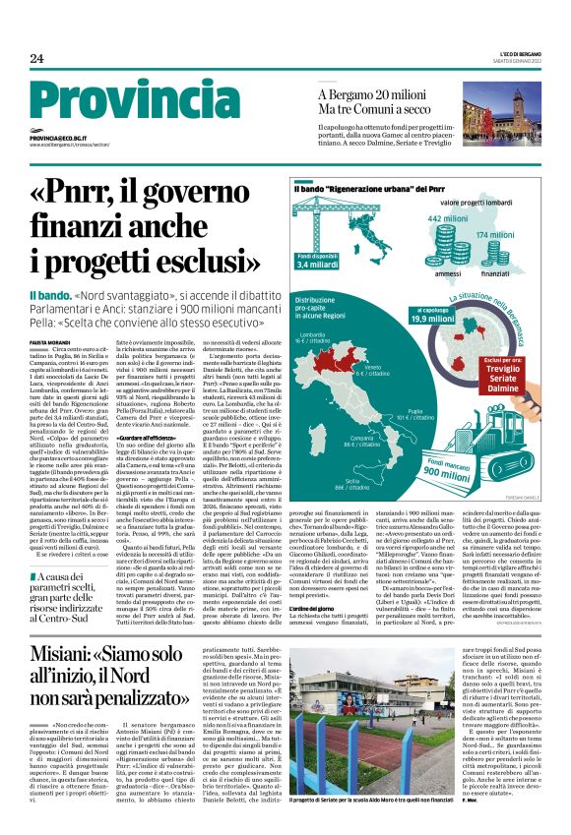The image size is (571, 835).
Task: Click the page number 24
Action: pyautogui.click(x=36, y=58)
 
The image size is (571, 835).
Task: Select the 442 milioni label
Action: pyautogui.click(x=447, y=218)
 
